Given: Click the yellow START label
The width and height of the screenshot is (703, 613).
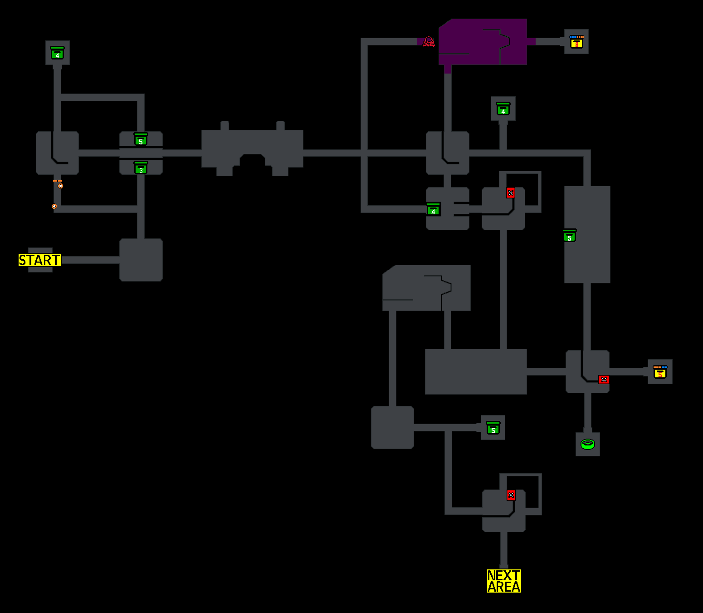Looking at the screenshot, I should (39, 260).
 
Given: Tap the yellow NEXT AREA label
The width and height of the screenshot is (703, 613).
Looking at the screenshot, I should (504, 581).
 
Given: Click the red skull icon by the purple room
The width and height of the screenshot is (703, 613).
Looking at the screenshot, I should (429, 42).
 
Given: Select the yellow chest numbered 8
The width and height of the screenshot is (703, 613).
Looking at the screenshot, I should (576, 42).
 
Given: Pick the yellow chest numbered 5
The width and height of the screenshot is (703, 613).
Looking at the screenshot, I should (660, 372).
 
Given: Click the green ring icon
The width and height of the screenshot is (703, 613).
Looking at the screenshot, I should (588, 444).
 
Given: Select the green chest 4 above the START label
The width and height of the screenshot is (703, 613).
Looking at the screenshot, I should (57, 53).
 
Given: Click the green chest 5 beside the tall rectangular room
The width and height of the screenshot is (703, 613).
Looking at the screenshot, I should (570, 236).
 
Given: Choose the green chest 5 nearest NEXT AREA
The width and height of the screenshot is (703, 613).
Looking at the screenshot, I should (493, 428).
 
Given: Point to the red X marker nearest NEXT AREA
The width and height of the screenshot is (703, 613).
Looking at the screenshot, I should (511, 495).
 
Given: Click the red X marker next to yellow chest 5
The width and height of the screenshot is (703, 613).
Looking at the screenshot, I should (604, 380).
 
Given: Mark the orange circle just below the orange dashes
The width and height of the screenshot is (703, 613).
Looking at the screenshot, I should (60, 186).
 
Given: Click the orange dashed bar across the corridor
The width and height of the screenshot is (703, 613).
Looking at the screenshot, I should (57, 181).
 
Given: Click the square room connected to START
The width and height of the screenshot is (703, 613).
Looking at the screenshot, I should (141, 260).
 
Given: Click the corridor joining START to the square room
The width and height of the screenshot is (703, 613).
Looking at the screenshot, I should (91, 260).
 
